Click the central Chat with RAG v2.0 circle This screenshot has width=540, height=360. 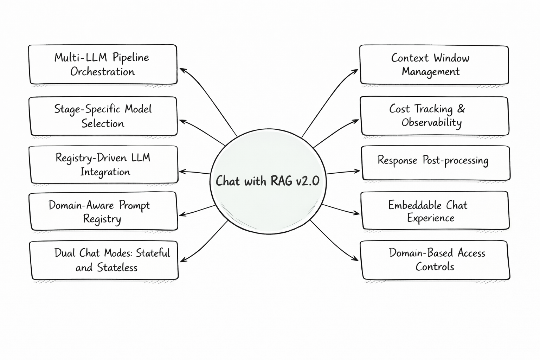point(268,197)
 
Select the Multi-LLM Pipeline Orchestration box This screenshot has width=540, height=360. point(103,64)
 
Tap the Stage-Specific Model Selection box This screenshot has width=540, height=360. point(103,116)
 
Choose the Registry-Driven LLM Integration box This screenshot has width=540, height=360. point(103,165)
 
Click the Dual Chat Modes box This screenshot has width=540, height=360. point(104,260)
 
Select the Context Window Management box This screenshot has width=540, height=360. point(434,65)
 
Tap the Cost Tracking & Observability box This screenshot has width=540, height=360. point(435,116)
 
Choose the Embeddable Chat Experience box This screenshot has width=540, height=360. point(435,211)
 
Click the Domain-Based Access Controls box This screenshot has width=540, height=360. point(435,260)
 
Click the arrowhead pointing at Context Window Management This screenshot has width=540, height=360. point(356,71)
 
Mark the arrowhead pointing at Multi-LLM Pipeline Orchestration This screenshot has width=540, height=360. point(182,70)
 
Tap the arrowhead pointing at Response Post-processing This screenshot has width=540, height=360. point(358,171)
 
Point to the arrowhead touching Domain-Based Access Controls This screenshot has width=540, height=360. point(356,259)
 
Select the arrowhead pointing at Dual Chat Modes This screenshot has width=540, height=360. point(182,261)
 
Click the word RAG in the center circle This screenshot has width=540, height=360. point(281,181)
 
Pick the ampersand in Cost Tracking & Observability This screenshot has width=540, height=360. point(461,109)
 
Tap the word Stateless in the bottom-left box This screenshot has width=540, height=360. point(117,268)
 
